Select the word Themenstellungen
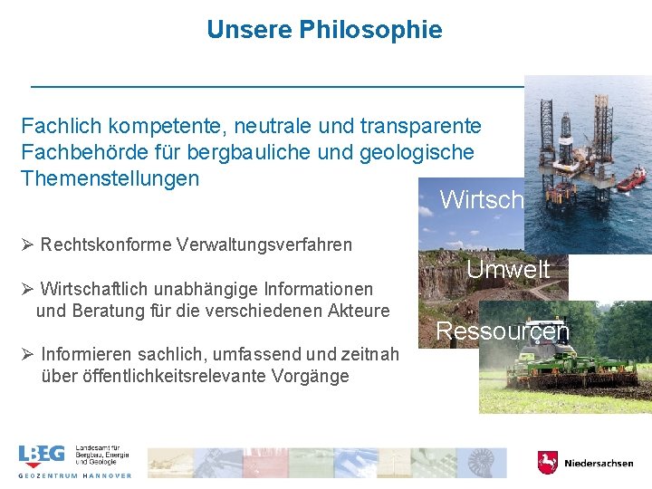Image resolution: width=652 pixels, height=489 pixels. click(110, 177)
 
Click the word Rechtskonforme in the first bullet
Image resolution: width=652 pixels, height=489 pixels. click(107, 244)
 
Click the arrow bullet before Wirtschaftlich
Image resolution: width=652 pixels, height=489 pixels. click(27, 289)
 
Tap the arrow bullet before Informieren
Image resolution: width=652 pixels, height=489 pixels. click(27, 354)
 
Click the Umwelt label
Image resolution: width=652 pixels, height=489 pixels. click(508, 269)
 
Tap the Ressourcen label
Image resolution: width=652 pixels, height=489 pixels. click(503, 331)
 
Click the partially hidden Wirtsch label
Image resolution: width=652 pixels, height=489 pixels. click(481, 199)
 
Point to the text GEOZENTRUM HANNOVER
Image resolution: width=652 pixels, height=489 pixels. click(75, 475)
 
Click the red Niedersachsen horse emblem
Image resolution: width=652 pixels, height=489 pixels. click(547, 463)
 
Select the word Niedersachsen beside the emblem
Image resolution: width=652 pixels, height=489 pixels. click(599, 464)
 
